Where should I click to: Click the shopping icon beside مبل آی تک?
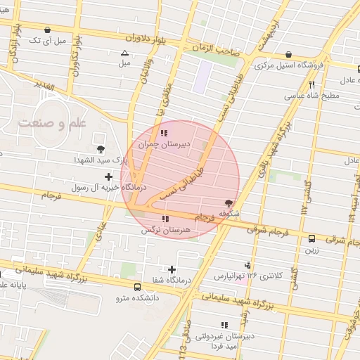pos(47,30)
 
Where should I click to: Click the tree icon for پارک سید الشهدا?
pos(102,148)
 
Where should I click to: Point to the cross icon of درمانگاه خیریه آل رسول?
pos(108,177)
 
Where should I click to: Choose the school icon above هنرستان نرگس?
pos(165,219)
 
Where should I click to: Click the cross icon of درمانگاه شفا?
pos(172,269)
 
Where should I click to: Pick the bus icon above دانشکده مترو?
pos(137,287)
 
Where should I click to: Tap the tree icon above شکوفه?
pos(228,202)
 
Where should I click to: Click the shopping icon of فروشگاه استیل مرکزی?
pos(289,55)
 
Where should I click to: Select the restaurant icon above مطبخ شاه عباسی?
pos(312,85)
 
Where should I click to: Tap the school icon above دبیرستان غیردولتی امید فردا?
pos(224,325)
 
